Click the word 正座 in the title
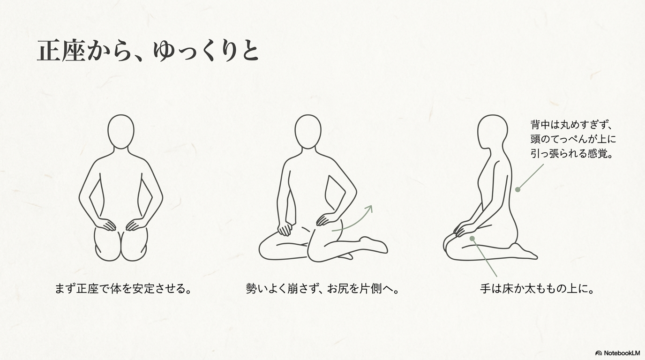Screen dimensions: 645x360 click(x=61, y=51)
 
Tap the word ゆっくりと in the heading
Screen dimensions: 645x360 click(x=206, y=51)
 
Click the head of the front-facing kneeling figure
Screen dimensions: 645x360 click(x=121, y=132)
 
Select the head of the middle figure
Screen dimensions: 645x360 click(x=308, y=132)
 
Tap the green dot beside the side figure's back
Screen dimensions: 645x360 click(x=517, y=189)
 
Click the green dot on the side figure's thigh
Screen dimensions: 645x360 click(x=472, y=239)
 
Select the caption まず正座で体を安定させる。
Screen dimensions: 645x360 click(x=123, y=289)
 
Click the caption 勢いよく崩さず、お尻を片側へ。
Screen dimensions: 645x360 click(x=322, y=289)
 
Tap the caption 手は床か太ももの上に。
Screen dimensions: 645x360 click(x=537, y=289)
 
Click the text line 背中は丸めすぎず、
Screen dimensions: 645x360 click(x=571, y=125)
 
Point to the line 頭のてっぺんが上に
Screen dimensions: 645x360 click(x=573, y=139)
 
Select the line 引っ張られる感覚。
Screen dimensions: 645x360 click(x=571, y=153)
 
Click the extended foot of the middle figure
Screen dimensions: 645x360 click(x=375, y=245)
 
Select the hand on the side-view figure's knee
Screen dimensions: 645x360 click(x=464, y=229)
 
